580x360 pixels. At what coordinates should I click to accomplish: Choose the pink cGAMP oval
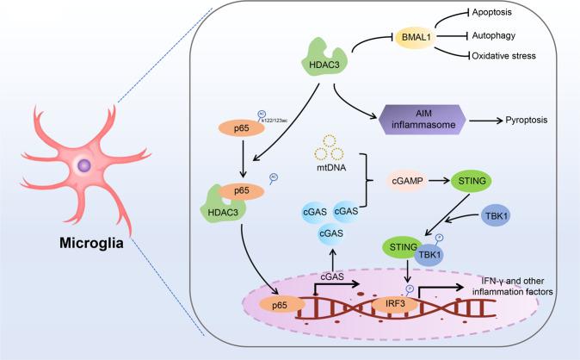pos(418,181)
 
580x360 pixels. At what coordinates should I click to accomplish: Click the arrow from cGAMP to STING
pos(454,181)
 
